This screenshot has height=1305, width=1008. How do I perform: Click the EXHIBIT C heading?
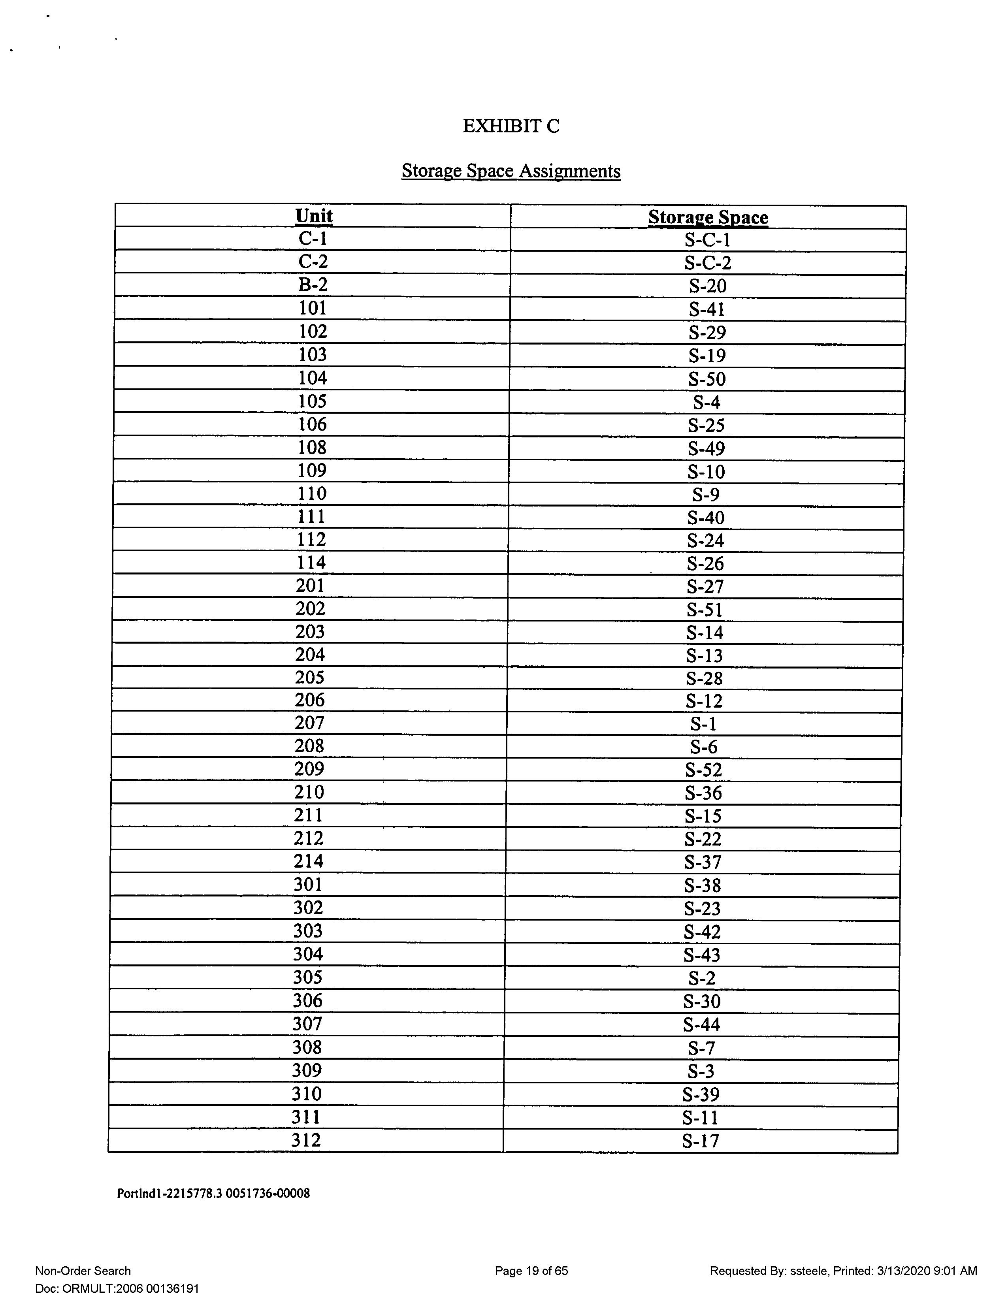pos(511,126)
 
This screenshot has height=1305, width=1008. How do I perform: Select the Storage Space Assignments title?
pos(511,171)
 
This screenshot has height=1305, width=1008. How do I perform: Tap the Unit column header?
pos(314,216)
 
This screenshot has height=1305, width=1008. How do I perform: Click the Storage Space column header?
pos(708,217)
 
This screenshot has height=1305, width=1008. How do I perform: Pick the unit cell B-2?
pos(313,285)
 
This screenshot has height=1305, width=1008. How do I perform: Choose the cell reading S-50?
pos(707,379)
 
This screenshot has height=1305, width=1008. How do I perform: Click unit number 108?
pos(312,448)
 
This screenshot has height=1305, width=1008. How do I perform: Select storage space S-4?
pos(706,403)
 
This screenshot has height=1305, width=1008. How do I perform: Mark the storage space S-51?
pos(705,610)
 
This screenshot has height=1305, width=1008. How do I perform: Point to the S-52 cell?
pos(703,770)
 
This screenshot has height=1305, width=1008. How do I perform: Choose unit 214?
pos(308,861)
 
